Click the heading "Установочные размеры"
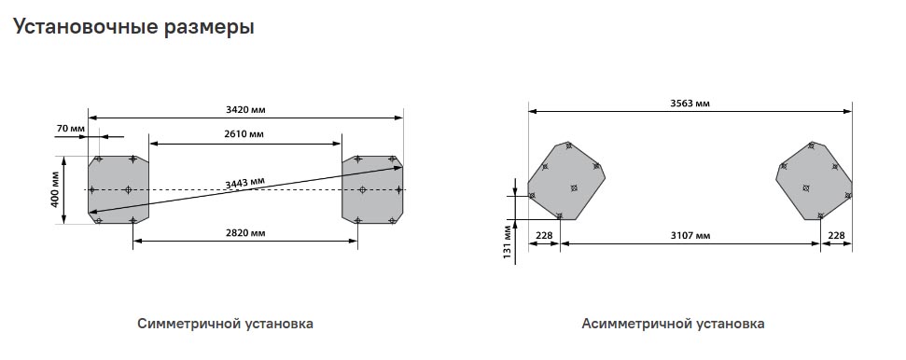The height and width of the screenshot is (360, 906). click(133, 27)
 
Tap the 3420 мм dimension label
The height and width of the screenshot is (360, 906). click(245, 109)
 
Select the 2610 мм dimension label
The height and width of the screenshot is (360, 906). click(244, 134)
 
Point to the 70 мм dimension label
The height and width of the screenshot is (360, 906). click(71, 128)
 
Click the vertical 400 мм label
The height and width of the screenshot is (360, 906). click(56, 190)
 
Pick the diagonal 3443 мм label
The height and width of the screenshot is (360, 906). click(245, 183)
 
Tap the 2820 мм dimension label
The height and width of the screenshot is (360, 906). click(245, 233)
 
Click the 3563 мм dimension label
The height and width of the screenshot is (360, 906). click(690, 104)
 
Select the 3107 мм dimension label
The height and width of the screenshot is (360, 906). click(690, 235)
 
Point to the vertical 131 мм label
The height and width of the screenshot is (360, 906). click(508, 242)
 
